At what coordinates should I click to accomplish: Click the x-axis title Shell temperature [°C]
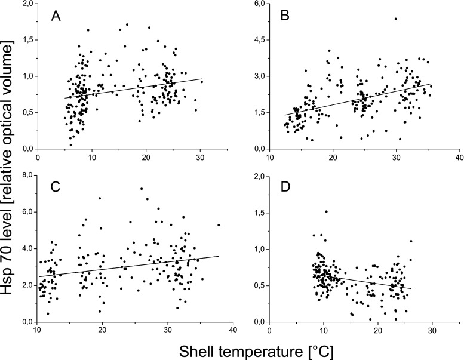coord(237,348)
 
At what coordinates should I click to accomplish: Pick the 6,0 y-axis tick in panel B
coord(257,4)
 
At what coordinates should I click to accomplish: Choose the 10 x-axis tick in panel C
coord(37,331)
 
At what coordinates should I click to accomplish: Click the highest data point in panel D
coord(326,211)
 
